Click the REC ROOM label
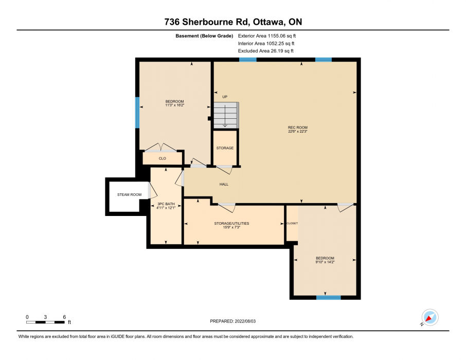pyautogui.click(x=297, y=128)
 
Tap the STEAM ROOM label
pyautogui.click(x=129, y=195)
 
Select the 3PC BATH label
pyautogui.click(x=166, y=204)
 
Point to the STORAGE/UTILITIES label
pyautogui.click(x=231, y=223)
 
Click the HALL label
pyautogui.click(x=224, y=184)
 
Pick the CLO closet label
pyautogui.click(x=162, y=158)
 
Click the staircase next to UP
pyautogui.click(x=226, y=115)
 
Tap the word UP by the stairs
pyautogui.click(x=225, y=97)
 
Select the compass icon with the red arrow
pyautogui.click(x=430, y=317)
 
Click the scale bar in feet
pyautogui.click(x=45, y=322)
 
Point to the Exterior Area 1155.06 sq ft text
pyautogui.click(x=267, y=36)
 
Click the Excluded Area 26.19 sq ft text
pyautogui.click(x=266, y=51)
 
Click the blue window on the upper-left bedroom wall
pyautogui.click(x=137, y=113)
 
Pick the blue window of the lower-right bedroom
pyautogui.click(x=328, y=298)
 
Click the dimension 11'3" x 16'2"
pyautogui.click(x=175, y=105)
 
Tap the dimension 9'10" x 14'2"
pyautogui.click(x=325, y=262)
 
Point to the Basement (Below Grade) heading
pyautogui.click(x=204, y=36)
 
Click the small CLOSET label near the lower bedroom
pyautogui.click(x=292, y=223)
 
